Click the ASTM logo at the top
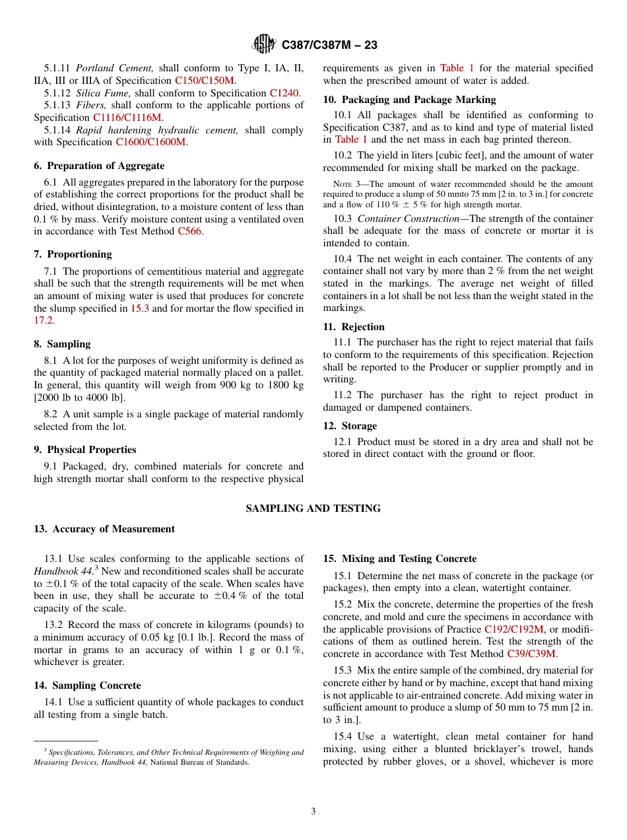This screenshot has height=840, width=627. click(263, 44)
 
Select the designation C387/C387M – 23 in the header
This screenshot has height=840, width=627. click(329, 45)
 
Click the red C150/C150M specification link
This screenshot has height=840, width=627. click(205, 81)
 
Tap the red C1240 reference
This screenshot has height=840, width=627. click(284, 93)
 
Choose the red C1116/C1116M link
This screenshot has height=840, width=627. click(127, 118)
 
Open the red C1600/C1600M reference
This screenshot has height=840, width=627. click(151, 142)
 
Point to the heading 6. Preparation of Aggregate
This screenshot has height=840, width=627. click(99, 166)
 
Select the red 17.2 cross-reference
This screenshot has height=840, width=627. click(44, 320)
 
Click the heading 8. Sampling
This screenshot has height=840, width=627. click(62, 344)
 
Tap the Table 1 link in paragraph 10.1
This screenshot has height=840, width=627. click(351, 139)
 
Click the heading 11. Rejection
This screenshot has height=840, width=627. click(354, 327)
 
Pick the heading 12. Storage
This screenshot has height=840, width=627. click(350, 426)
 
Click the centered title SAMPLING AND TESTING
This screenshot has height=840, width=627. click(313, 508)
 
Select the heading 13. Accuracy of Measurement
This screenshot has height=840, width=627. click(104, 529)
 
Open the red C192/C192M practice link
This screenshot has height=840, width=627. click(514, 629)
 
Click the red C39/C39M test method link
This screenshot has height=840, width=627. click(531, 654)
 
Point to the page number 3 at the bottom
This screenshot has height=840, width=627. click(313, 812)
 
